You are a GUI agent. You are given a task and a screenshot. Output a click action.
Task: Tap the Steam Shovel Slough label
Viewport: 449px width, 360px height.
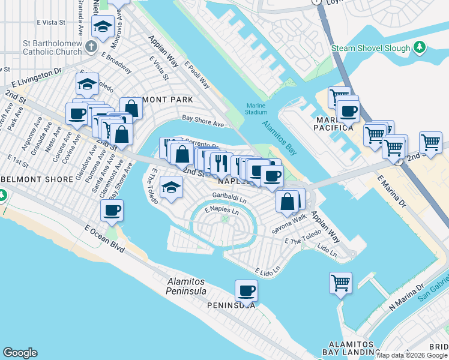coord(371,48)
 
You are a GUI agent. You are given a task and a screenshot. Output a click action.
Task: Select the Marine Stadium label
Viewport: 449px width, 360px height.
coord(256,109)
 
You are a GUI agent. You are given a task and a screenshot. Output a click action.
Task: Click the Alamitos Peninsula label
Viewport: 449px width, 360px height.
coord(186,286)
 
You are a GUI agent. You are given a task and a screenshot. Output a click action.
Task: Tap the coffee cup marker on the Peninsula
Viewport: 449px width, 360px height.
coord(246,292)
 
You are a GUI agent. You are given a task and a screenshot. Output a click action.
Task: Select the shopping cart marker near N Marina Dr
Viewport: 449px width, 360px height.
coord(340,281)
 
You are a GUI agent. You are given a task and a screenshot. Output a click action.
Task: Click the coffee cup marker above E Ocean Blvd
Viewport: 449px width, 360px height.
coord(112,211)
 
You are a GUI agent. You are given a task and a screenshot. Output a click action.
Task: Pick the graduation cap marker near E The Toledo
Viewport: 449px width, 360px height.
coord(171,187)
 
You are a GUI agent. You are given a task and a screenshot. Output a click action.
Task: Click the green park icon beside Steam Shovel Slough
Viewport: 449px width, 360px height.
coord(420,47)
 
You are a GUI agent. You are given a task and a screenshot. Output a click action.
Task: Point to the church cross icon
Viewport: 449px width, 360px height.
coord(91,46)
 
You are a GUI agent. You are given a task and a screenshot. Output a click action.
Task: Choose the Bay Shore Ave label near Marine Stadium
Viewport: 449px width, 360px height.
coord(203,122)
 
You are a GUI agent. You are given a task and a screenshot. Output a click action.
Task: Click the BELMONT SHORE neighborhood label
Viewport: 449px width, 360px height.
coord(28,179)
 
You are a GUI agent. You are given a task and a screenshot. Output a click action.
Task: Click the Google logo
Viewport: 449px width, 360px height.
coord(20,353)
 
